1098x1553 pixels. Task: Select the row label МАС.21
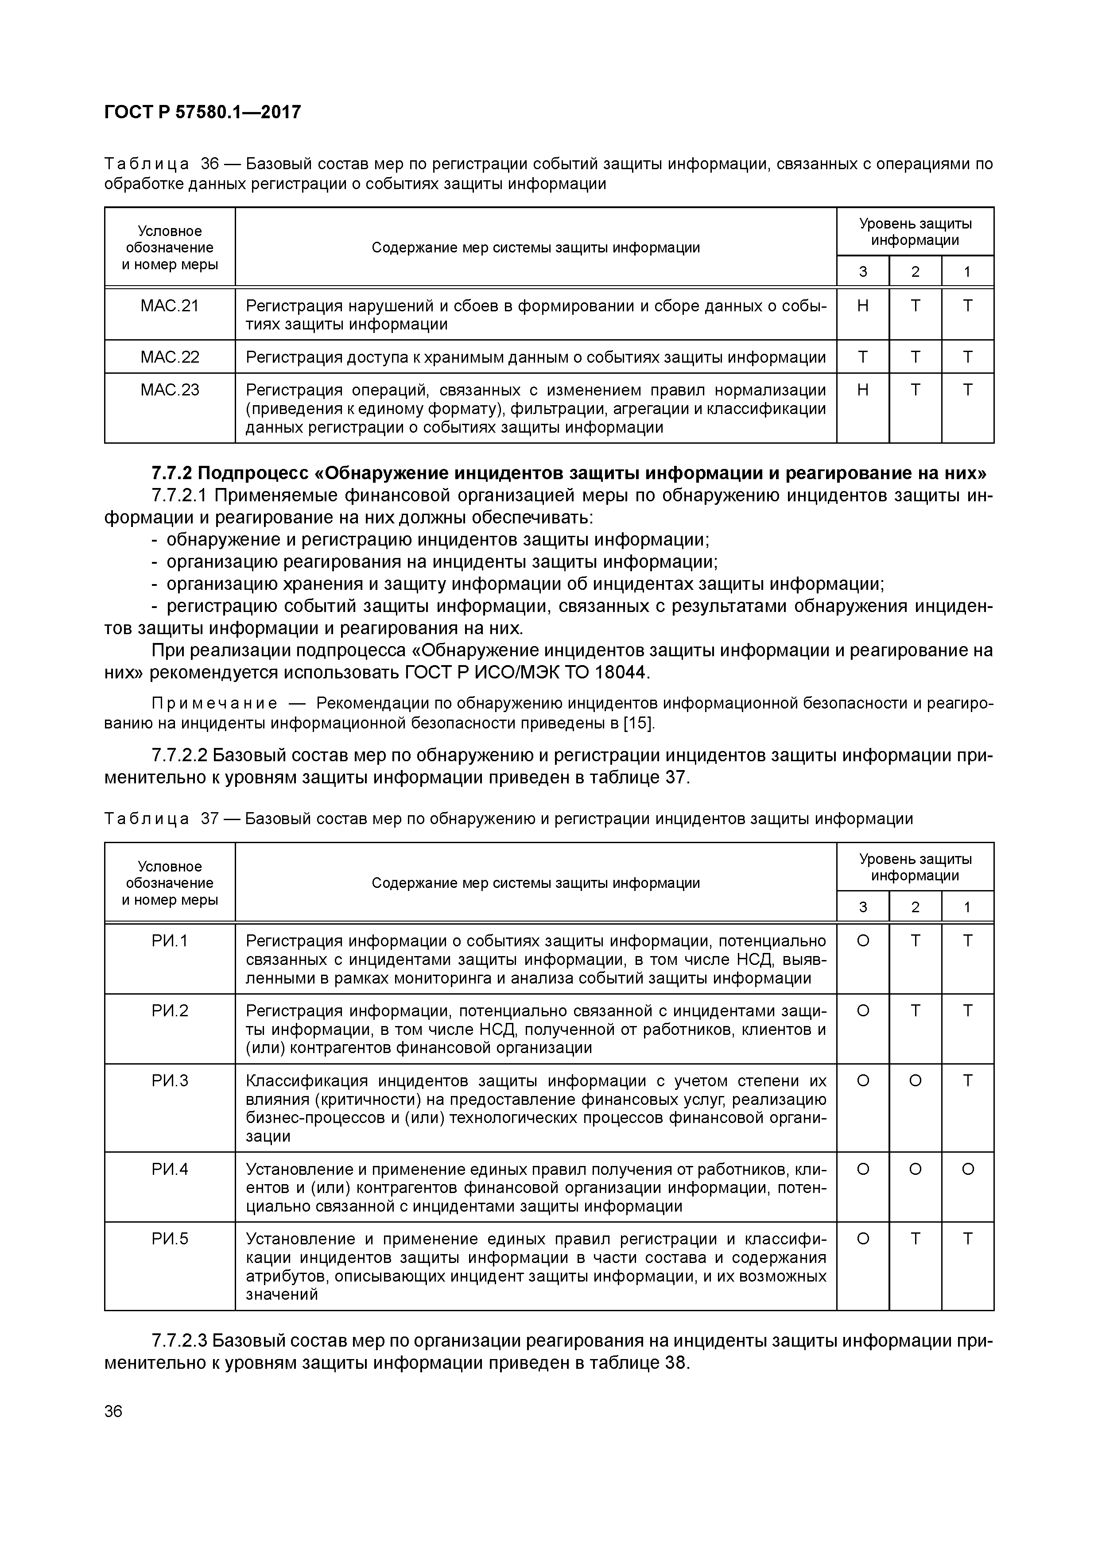170,306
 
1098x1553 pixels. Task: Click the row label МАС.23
170,390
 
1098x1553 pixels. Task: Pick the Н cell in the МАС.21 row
862,306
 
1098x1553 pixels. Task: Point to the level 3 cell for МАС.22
862,356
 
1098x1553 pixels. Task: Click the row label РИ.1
170,941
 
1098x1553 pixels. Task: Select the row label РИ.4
170,1169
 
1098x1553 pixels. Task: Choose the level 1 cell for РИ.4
967,1169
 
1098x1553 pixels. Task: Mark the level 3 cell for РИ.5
862,1239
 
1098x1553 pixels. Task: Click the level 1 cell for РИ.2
967,1011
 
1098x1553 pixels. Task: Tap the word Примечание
214,704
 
